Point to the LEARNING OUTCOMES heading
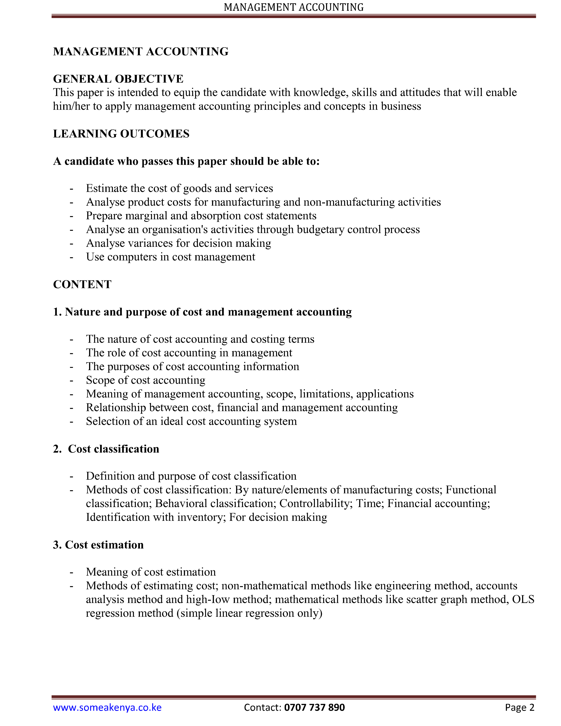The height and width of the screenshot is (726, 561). [x=121, y=134]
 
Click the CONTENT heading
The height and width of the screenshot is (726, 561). [x=82, y=284]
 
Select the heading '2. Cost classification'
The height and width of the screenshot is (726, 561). [x=106, y=449]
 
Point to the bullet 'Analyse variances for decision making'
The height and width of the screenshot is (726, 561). [x=178, y=243]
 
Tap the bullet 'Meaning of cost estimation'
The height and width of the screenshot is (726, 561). [x=151, y=572]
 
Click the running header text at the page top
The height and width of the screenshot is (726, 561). [x=294, y=7]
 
